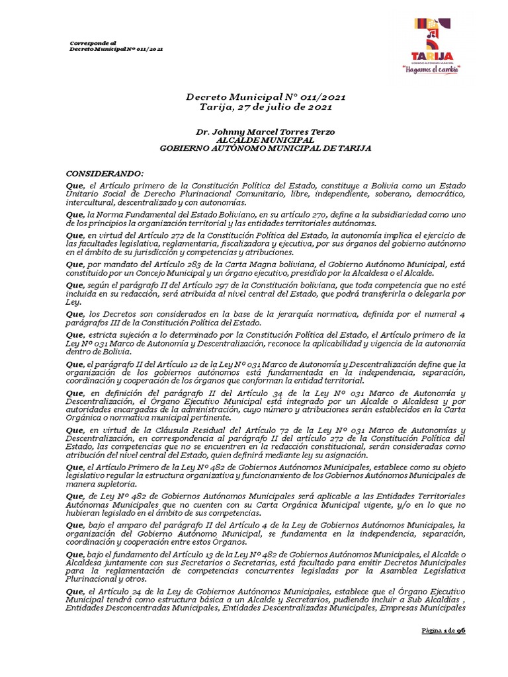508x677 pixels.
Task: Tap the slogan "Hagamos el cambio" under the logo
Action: coord(431,68)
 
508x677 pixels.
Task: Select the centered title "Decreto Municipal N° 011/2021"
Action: coord(265,97)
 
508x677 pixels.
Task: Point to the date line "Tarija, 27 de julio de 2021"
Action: coord(265,106)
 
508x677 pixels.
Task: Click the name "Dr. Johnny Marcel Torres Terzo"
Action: coord(265,132)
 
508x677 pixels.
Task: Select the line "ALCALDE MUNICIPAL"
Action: coord(265,140)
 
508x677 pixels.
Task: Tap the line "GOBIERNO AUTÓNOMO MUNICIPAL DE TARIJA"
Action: coord(265,148)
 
